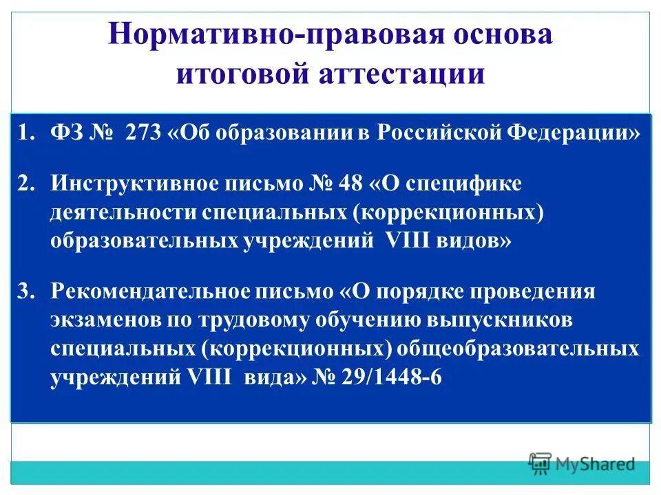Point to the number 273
click(143, 133)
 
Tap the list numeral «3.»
click(26, 292)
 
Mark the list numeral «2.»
click(26, 184)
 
